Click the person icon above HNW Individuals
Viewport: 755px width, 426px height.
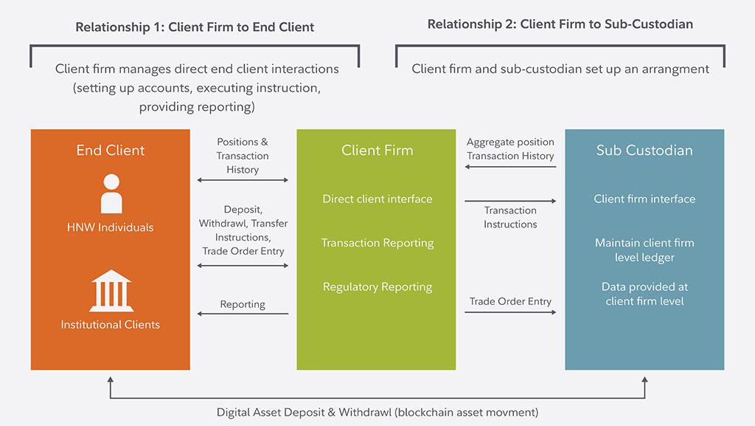pos(111,193)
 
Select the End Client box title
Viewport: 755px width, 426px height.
pos(111,150)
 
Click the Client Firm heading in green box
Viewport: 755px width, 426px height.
pos(377,150)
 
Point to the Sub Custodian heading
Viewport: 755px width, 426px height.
pos(644,150)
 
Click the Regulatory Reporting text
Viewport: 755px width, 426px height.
pos(377,286)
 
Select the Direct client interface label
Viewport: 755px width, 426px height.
pos(377,199)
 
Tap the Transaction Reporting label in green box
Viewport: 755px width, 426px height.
pos(377,243)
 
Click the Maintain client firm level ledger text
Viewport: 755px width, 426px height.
pos(644,250)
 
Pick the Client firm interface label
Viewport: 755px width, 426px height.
pos(644,199)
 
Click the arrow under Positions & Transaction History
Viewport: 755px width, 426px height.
pos(243,179)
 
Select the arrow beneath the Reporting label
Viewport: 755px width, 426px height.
pos(243,314)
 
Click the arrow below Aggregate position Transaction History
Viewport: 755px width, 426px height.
pos(510,167)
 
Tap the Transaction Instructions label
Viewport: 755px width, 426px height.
pos(510,217)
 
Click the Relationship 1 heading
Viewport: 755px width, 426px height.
pos(195,27)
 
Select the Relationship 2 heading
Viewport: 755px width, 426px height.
pos(560,24)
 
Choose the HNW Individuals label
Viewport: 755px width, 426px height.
pos(111,227)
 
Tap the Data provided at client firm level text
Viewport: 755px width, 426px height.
pos(644,294)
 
